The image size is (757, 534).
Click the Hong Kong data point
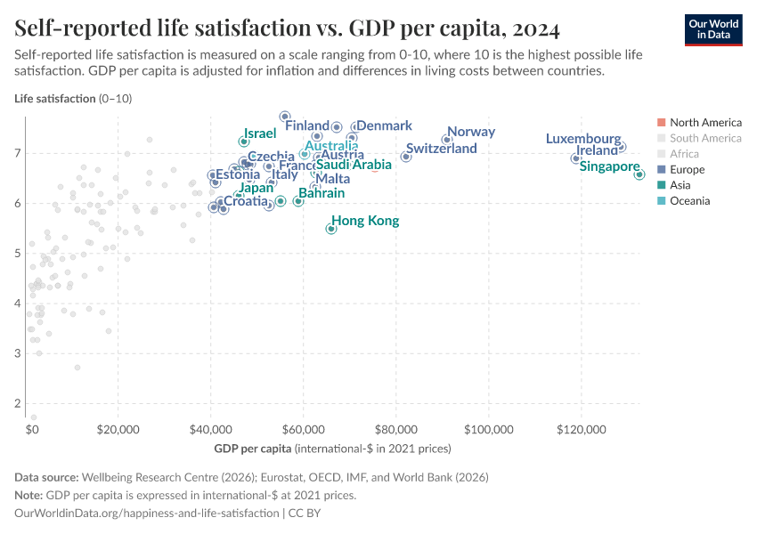tap(331, 229)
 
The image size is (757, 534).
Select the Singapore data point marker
tap(639, 174)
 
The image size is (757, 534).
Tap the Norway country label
tap(470, 132)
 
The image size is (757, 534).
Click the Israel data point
tap(244, 142)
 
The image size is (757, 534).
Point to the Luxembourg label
tap(583, 139)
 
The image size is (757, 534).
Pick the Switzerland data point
tap(406, 157)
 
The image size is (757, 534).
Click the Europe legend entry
tap(687, 169)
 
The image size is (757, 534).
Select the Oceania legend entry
tap(689, 201)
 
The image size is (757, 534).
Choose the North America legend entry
tap(704, 122)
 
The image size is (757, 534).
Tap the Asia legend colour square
tap(660, 185)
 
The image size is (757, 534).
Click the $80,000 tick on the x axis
tap(395, 430)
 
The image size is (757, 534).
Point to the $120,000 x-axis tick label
tap(582, 430)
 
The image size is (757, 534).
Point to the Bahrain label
tap(322, 192)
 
